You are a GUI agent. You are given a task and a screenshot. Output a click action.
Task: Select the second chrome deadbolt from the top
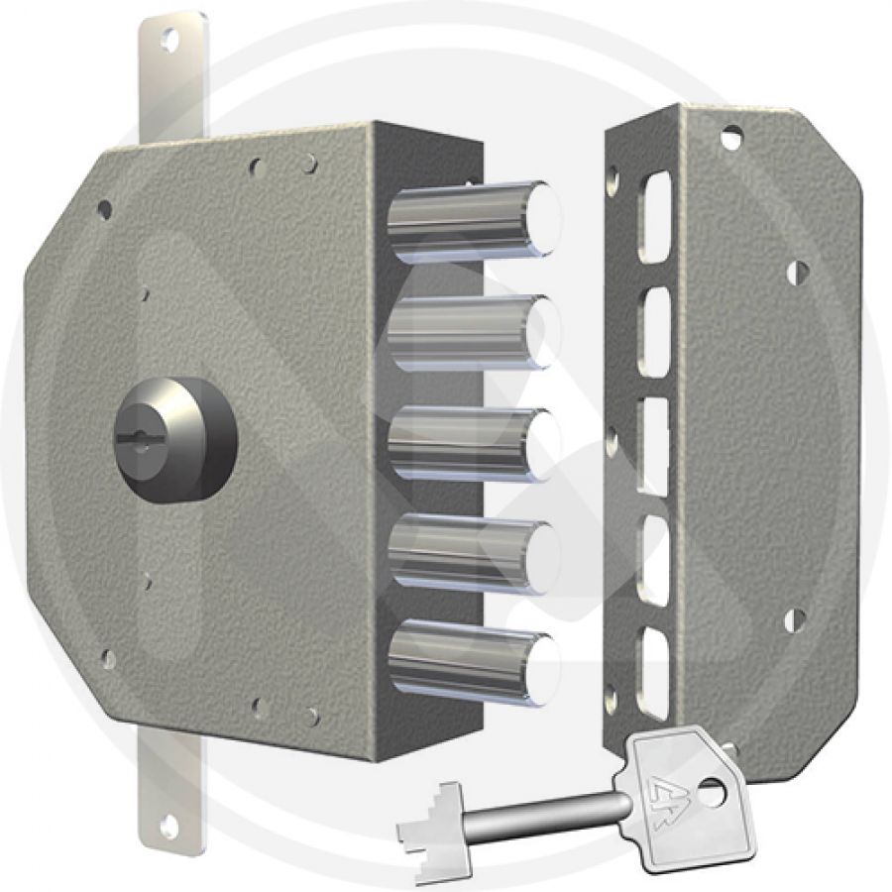point(471,333)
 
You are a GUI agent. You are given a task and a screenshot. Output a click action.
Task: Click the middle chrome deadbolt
point(471,445)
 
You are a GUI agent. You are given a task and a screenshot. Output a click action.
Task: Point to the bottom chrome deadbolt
point(471,664)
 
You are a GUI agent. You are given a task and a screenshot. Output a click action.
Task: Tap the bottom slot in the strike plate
point(655,670)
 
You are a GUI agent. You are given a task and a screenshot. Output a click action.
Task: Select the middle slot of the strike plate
point(654,445)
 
